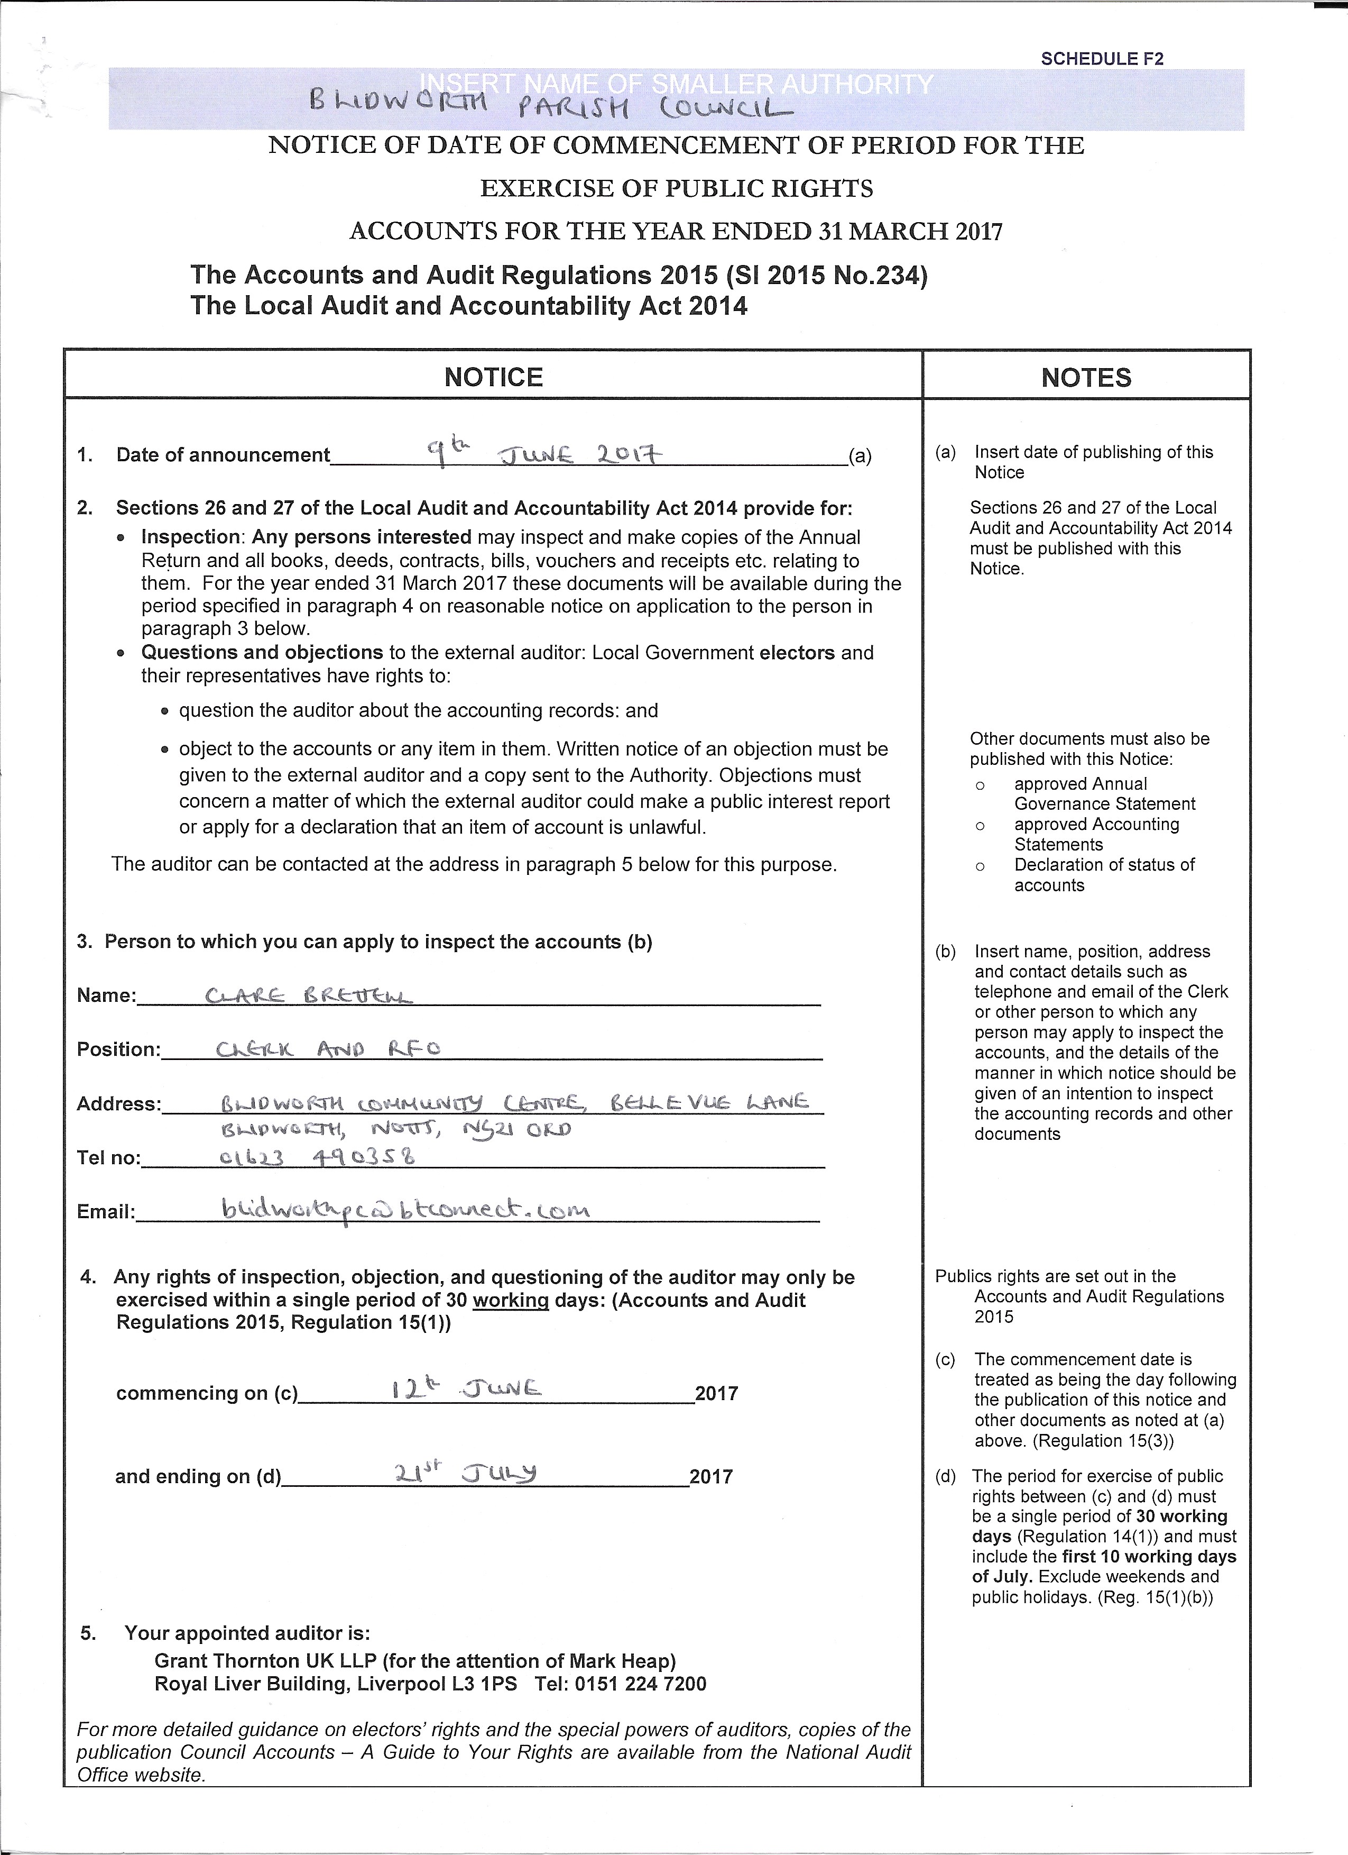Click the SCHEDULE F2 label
(x=1102, y=59)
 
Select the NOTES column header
(x=1086, y=378)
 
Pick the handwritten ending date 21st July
(x=465, y=1473)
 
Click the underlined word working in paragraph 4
(x=510, y=1301)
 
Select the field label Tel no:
(x=109, y=1158)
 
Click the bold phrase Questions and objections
(x=262, y=653)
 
